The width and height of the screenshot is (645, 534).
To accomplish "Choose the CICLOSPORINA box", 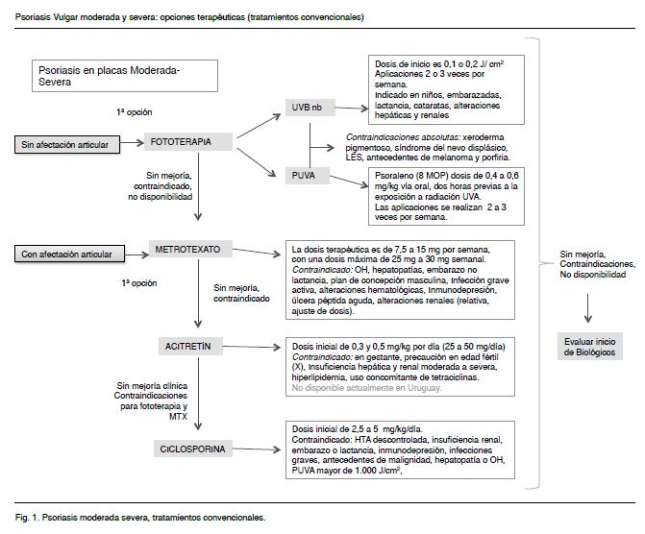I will [x=194, y=449].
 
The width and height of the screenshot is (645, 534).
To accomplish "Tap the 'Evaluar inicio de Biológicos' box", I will [x=587, y=347].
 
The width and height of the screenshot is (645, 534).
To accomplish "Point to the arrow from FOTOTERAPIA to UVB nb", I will [x=260, y=123].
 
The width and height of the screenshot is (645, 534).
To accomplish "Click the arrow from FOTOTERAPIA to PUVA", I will [x=260, y=159].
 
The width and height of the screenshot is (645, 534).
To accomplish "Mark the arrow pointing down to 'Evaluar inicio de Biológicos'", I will [x=587, y=305].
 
